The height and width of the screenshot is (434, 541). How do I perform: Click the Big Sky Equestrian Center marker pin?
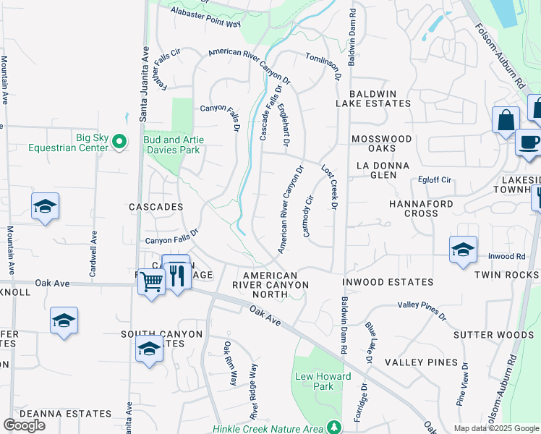tap(120, 142)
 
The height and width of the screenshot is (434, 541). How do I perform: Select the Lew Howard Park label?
tap(323, 381)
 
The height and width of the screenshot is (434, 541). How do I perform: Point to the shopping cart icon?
tap(151, 280)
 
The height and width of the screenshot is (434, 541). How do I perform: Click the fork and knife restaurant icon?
tap(176, 274)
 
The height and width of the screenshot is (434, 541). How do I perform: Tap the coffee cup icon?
tap(529, 141)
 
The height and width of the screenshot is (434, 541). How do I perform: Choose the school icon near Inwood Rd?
tap(463, 250)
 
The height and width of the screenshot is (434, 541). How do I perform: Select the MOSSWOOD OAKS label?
tap(381, 143)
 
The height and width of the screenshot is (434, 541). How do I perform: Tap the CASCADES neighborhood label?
tap(156, 207)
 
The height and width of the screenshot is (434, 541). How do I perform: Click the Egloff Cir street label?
tap(435, 179)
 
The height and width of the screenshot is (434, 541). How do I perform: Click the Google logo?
tap(24, 425)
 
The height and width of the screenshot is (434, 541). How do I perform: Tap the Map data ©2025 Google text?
tap(495, 428)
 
